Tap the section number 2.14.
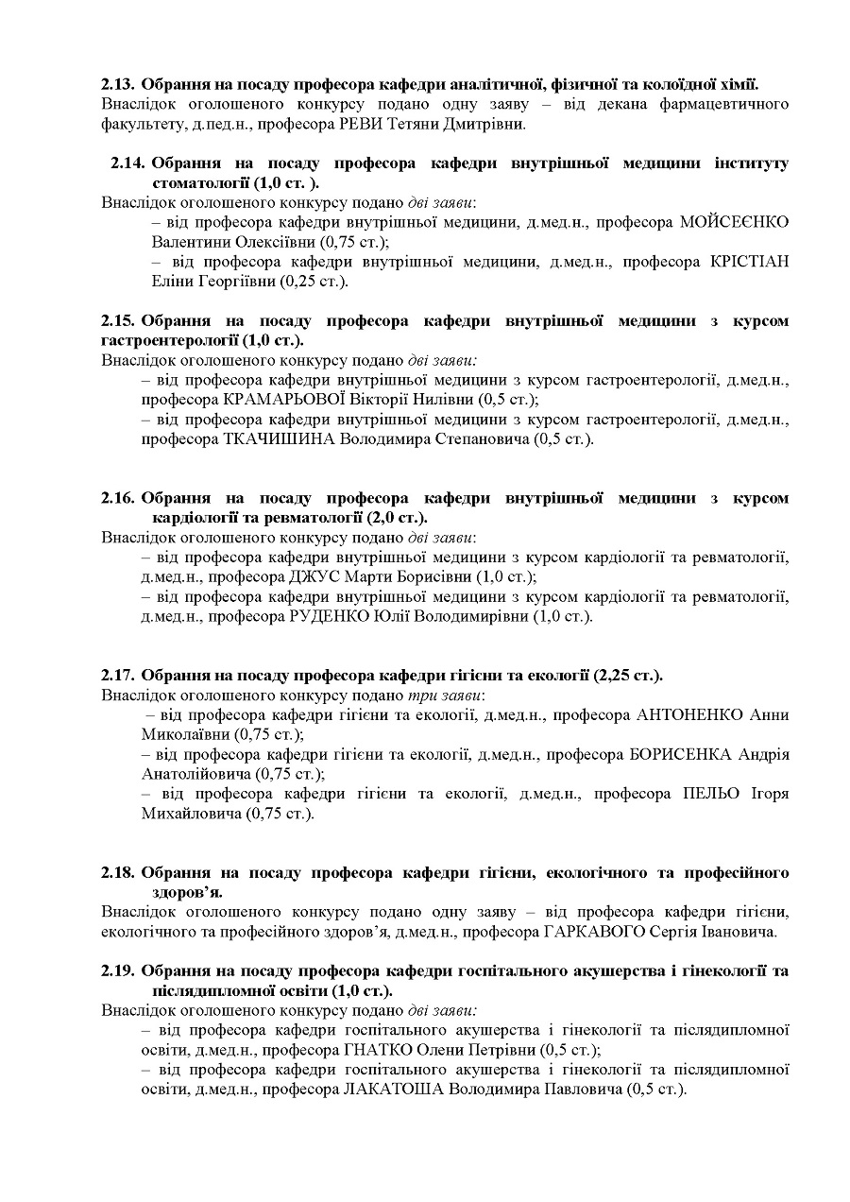point(128,163)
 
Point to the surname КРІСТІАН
point(750,261)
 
